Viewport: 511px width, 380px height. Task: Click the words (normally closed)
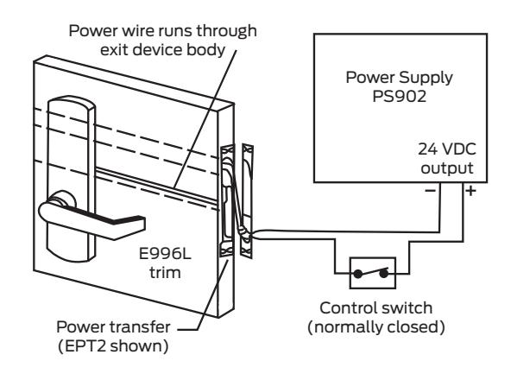coord(370,326)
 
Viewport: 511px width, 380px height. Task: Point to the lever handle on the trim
coord(95,216)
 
